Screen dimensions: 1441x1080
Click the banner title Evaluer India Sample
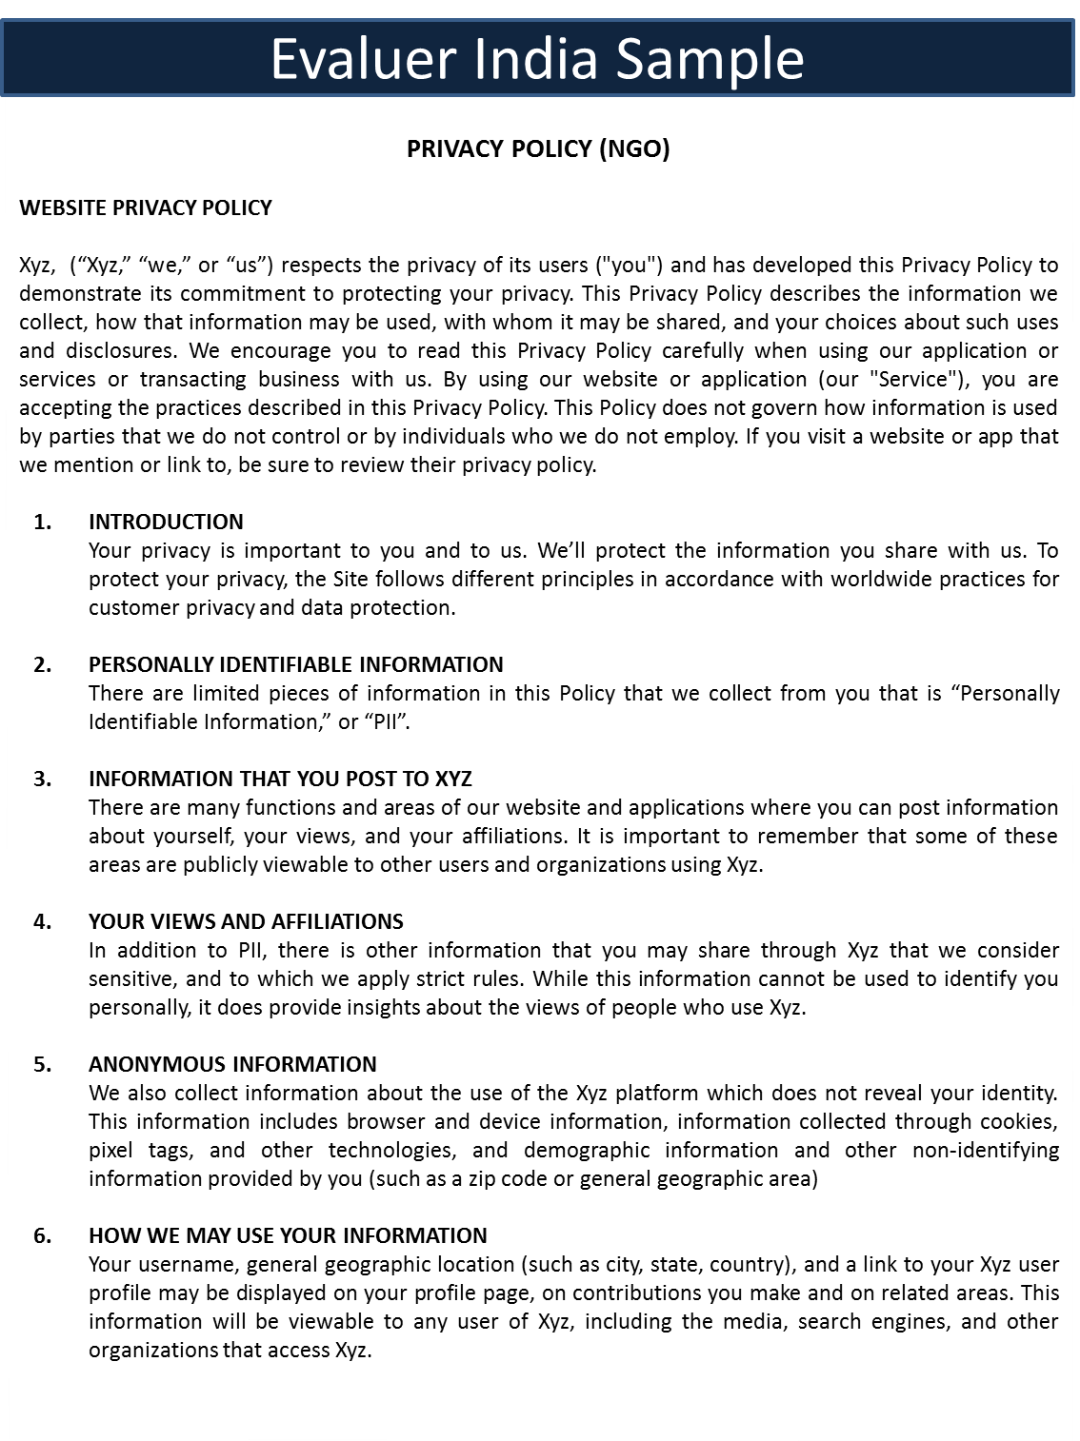click(x=537, y=59)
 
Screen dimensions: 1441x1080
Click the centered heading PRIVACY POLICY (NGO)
click(x=538, y=148)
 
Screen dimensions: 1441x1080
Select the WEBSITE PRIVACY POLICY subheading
click(x=146, y=207)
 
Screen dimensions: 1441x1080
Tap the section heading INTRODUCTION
click(x=166, y=522)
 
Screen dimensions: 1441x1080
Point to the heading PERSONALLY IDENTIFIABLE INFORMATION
click(x=296, y=664)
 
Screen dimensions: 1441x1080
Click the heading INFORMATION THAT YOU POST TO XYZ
click(x=280, y=779)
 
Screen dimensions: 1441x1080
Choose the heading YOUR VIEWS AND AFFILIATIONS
click(x=246, y=921)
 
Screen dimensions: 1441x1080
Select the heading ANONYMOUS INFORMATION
click(x=232, y=1064)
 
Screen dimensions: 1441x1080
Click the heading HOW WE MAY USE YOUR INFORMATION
click(x=288, y=1235)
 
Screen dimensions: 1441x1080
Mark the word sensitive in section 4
click(x=131, y=978)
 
